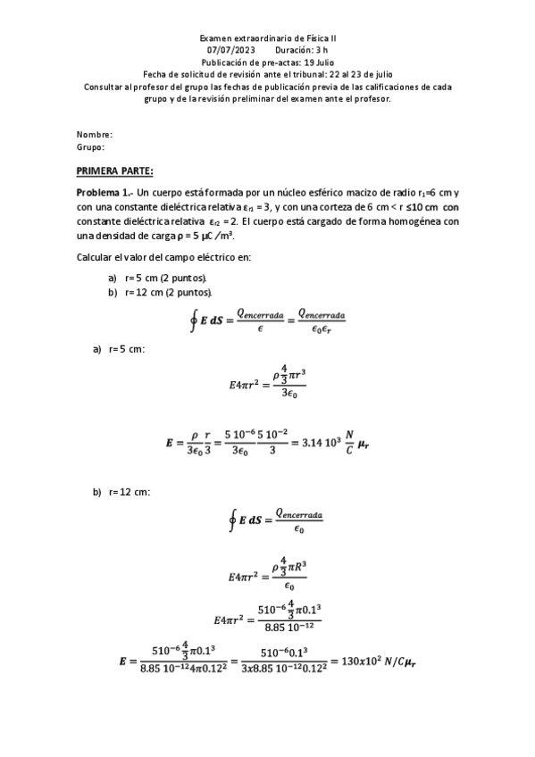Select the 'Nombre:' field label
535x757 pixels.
point(95,134)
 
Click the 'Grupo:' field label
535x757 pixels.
point(91,146)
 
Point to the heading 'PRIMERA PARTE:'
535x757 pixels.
point(115,171)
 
